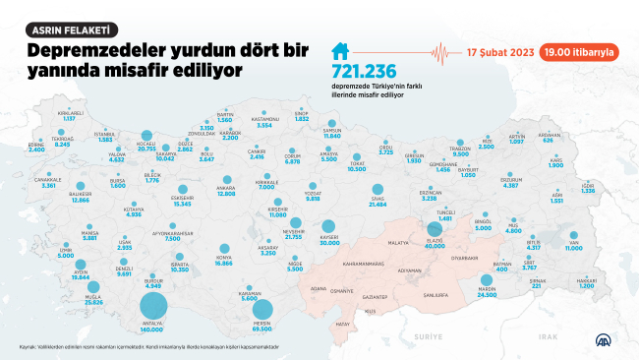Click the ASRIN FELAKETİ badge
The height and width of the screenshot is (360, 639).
(73, 30)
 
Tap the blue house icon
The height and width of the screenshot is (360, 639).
(340, 52)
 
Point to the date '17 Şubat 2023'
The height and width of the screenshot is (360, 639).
(501, 50)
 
